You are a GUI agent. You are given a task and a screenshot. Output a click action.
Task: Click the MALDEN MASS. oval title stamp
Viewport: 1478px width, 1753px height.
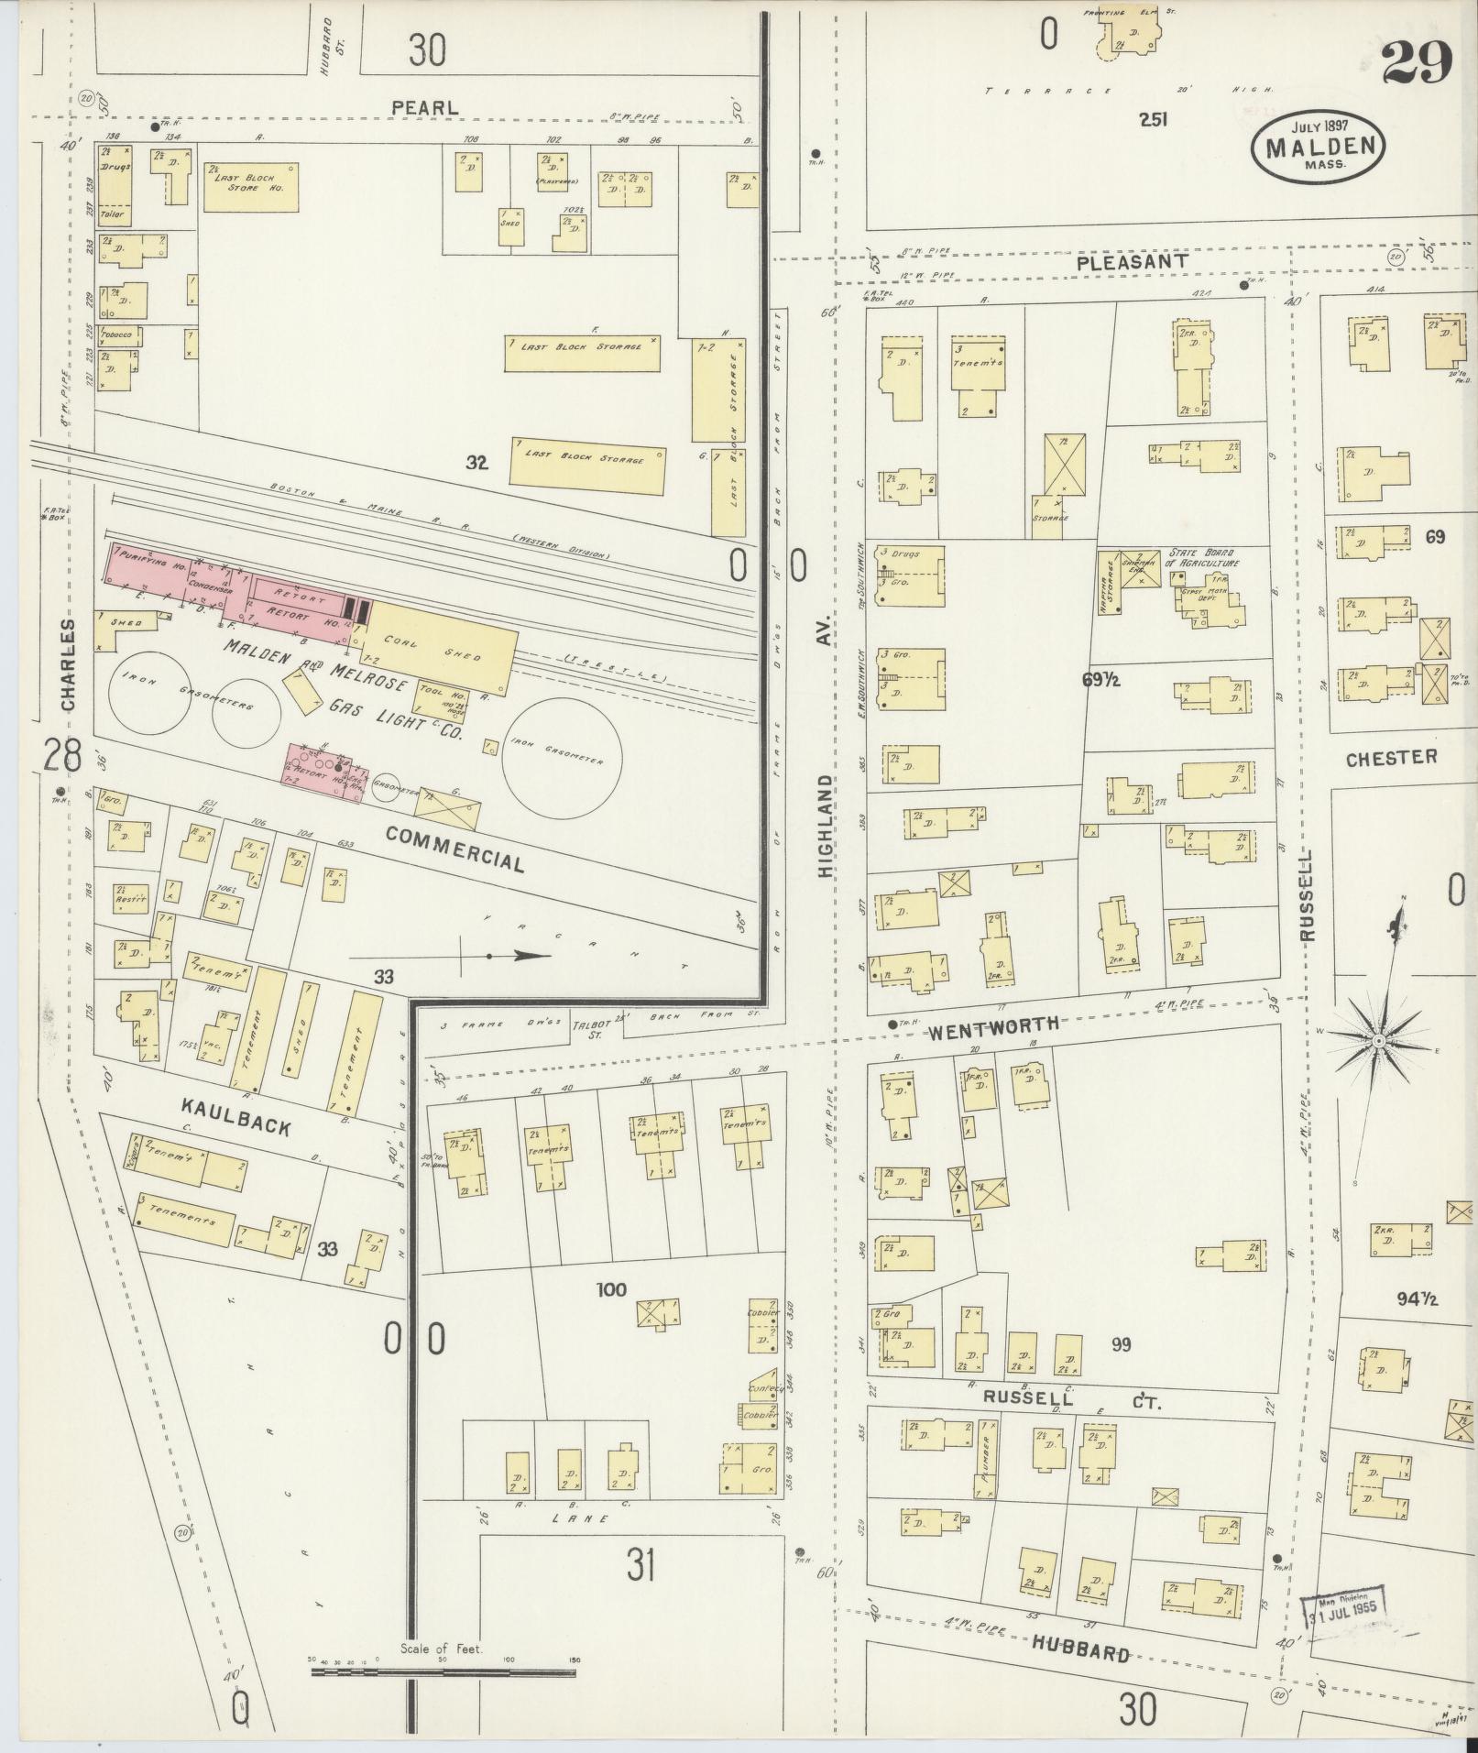[1318, 147]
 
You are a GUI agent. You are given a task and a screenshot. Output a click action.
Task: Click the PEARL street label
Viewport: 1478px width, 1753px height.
[424, 107]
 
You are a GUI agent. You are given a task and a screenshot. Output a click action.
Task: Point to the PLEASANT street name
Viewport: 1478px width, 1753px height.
[1132, 262]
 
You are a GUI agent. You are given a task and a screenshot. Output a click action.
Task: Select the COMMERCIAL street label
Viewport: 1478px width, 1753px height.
[455, 849]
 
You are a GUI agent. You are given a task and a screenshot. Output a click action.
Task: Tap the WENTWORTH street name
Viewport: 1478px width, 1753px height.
[993, 1024]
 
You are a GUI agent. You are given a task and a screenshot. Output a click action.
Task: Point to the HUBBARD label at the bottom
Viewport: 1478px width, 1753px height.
[1080, 1651]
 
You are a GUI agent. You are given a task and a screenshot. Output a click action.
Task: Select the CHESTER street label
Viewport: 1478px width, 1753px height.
[1391, 757]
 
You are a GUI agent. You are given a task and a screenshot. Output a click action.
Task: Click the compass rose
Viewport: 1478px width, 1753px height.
[1378, 1042]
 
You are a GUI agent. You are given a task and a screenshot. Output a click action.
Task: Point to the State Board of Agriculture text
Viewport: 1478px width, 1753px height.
[1203, 559]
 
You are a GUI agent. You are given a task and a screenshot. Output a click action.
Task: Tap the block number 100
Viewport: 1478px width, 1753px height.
[611, 1290]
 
